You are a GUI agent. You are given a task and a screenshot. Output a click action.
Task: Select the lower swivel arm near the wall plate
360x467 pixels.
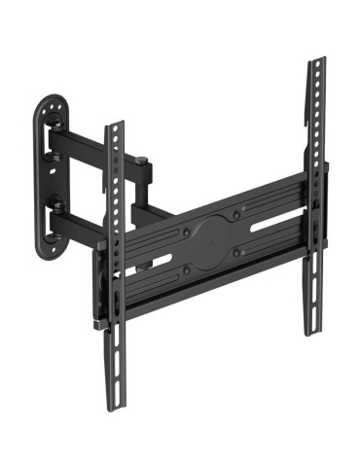coord(78,223)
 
